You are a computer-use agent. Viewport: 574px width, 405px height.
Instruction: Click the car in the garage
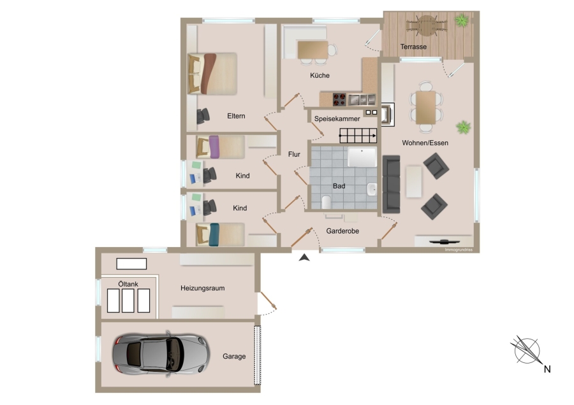coord(161,354)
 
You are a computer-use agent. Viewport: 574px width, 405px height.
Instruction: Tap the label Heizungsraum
coord(202,288)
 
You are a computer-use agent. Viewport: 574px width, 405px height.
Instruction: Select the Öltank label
coord(128,283)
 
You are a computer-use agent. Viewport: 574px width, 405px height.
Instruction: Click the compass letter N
coord(547,369)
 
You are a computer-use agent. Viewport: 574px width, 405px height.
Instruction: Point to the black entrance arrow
coord(304,258)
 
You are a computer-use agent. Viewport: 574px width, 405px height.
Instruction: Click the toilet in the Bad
coord(326,202)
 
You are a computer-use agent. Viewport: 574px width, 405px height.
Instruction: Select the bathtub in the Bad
coord(362,157)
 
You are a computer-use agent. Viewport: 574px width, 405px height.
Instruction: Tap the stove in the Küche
coord(339,99)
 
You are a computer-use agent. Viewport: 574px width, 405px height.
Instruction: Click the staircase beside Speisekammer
coord(358,136)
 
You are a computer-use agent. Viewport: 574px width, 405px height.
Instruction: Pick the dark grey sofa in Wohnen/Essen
coord(392,184)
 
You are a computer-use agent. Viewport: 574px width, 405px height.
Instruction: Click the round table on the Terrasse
coord(427,25)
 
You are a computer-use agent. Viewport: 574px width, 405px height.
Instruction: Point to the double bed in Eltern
coord(212,74)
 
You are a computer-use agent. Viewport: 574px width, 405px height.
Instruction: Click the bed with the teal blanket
coord(220,234)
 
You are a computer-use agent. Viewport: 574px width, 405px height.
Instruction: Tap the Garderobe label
coord(342,231)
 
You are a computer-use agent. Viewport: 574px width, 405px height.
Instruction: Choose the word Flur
coord(294,154)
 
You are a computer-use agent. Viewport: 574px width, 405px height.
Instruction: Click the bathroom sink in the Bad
coord(372,189)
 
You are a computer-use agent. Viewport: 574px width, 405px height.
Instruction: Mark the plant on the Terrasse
coord(462,20)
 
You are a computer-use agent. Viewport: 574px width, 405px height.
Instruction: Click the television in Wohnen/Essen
coord(444,241)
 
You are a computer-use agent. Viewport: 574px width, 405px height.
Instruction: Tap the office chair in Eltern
coord(203,117)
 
